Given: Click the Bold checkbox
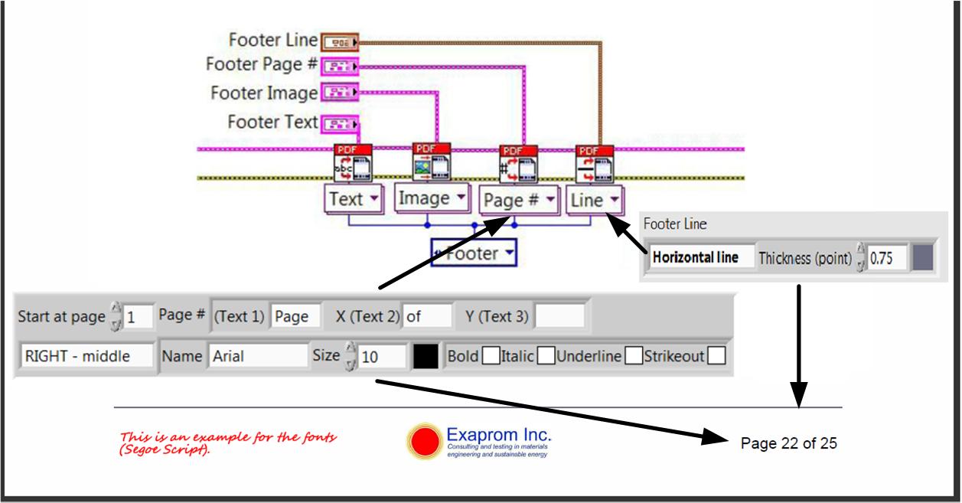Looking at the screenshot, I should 491,356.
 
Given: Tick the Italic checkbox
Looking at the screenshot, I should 546,356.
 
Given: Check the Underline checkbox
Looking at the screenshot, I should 633,356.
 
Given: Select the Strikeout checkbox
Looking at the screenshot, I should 716,356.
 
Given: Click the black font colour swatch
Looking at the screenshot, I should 426,356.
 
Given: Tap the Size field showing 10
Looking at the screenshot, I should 383,356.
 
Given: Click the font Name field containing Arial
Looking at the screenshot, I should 257,356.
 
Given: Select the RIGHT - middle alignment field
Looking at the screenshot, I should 86,356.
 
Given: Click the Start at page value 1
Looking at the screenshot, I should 138,315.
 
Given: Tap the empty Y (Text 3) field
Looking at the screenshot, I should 559,315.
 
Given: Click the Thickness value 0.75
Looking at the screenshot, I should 887,258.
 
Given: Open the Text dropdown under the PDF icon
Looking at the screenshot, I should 354,200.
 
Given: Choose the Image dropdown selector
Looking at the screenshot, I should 432,198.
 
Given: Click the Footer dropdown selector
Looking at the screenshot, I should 473,253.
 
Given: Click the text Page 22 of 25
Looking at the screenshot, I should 789,443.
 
